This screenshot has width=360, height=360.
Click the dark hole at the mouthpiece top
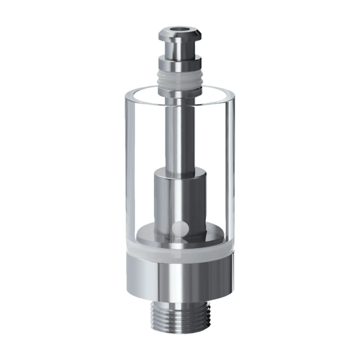click(x=179, y=30)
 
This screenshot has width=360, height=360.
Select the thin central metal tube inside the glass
click(x=179, y=135)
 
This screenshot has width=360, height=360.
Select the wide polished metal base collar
click(x=179, y=277)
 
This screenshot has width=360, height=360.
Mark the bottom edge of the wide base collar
click(x=179, y=299)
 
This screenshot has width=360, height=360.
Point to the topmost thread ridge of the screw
click(x=179, y=305)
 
